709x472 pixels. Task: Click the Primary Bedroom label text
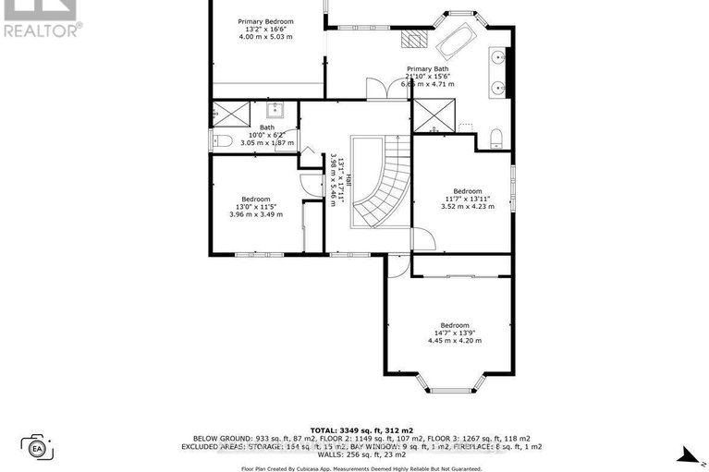pyautogui.click(x=265, y=20)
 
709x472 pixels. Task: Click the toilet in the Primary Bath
pyautogui.click(x=497, y=139)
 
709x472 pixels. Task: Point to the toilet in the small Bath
pyautogui.click(x=221, y=141)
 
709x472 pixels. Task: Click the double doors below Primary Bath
pyautogui.click(x=377, y=90)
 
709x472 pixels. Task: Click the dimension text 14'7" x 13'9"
pyautogui.click(x=454, y=333)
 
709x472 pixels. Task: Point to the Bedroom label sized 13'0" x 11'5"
pyautogui.click(x=256, y=199)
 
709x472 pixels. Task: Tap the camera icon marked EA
pyautogui.click(x=38, y=448)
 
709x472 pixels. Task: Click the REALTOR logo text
pyautogui.click(x=43, y=29)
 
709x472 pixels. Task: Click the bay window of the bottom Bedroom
pyautogui.click(x=450, y=383)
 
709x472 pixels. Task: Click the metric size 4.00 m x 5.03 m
pyautogui.click(x=265, y=37)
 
